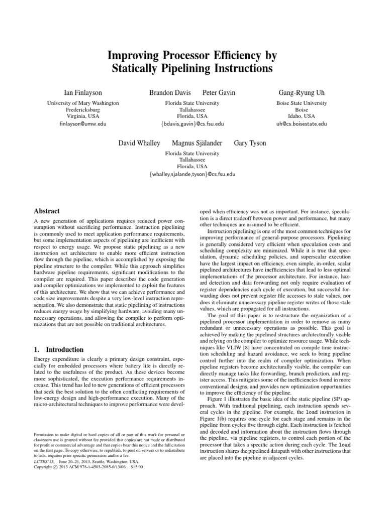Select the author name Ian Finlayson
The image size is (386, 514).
tap(83, 93)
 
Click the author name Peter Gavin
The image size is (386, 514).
tap(219, 93)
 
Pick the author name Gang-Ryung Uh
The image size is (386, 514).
tap(302, 93)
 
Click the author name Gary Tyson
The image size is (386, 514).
tap(250, 143)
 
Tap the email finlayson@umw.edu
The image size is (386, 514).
tap(83, 123)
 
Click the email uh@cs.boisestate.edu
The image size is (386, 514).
tap(302, 123)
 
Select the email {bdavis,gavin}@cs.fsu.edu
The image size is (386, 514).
tap(192, 123)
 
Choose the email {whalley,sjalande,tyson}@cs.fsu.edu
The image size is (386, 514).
tap(192, 174)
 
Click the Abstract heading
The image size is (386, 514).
tap(46, 211)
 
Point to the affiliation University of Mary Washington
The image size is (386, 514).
tap(83, 103)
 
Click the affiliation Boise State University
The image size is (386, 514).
tap(302, 103)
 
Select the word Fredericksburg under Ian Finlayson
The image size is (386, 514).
tap(83, 109)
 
